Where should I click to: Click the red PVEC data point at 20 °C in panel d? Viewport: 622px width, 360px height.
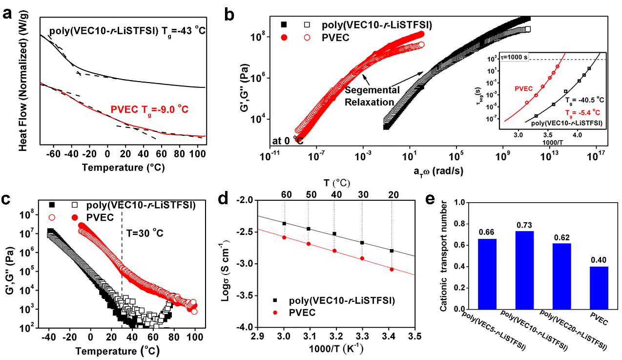392,269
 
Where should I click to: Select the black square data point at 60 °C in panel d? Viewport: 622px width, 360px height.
284,223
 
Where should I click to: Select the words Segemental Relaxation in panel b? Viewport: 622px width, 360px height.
373,96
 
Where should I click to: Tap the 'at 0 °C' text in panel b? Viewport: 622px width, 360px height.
289,141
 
